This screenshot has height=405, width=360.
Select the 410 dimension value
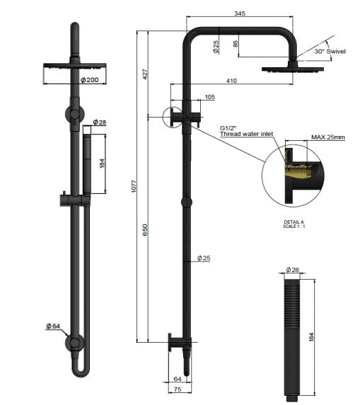tap(231, 81)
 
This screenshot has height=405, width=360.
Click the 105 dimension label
tap(209, 96)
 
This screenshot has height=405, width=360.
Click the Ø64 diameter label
tap(52, 326)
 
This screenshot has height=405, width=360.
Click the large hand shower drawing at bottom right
tap(291, 336)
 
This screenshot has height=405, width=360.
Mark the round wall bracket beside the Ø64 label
tap(74, 344)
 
